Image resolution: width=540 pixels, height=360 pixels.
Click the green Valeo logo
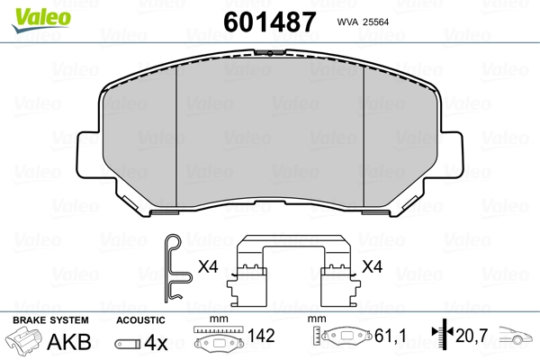(x=41, y=20)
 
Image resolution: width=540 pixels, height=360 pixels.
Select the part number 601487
(x=270, y=22)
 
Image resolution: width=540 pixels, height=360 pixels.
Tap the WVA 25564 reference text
(x=363, y=22)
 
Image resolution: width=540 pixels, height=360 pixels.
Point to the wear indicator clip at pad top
(x=270, y=53)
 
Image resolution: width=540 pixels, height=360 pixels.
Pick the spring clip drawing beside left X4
(x=177, y=269)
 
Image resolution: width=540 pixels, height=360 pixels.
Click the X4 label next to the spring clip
(x=208, y=266)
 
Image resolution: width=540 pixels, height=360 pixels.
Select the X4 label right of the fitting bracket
(x=372, y=266)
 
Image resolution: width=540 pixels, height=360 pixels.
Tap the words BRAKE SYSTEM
(x=50, y=320)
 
